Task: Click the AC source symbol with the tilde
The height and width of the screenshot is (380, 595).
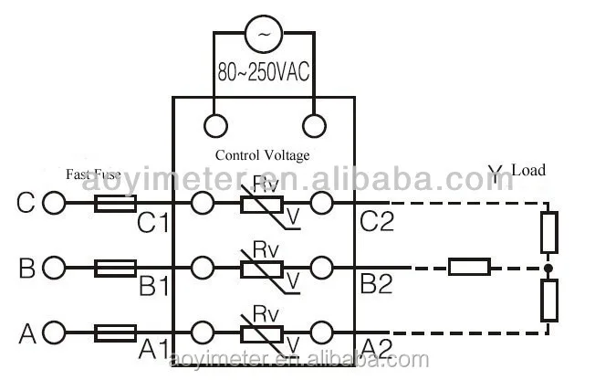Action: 265,34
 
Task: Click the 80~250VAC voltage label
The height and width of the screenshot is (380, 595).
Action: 264,71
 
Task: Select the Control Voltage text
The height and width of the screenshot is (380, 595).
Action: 262,155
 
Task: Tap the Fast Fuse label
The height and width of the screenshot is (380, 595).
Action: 92,173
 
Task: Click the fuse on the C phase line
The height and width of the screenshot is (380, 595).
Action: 117,203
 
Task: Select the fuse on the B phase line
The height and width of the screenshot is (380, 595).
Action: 117,268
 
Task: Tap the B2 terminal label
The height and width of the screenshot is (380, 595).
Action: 376,285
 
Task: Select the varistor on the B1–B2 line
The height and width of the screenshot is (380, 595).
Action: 262,268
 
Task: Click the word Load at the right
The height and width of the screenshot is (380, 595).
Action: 528,170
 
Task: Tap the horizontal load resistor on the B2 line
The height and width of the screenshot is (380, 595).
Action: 469,268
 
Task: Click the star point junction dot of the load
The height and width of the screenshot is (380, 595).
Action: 548,268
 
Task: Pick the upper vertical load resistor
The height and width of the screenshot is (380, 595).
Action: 548,232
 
